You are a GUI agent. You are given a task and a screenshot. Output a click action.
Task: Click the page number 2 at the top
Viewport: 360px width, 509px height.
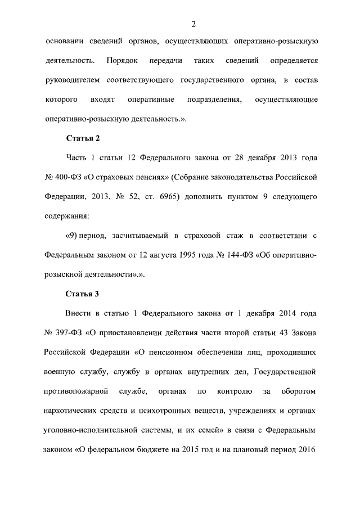(193, 23)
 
